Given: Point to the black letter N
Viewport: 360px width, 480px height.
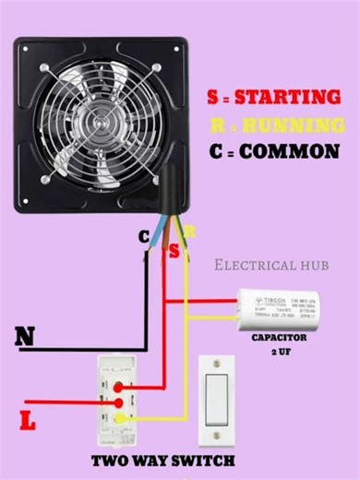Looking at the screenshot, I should pos(25,338).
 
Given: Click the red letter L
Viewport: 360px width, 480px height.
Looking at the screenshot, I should pos(28,422).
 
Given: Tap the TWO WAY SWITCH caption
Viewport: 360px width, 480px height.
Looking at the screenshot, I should pos(162,460).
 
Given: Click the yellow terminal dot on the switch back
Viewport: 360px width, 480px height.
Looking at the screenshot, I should pos(119,420).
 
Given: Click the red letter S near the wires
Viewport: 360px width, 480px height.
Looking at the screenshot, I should pos(175,250).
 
